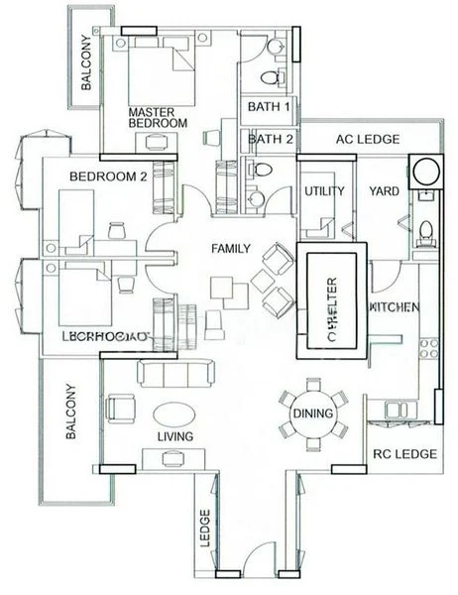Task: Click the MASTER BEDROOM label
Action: click(x=158, y=117)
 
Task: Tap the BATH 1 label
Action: click(x=269, y=106)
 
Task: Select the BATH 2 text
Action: click(x=270, y=140)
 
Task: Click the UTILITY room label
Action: click(x=323, y=191)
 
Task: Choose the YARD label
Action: click(x=384, y=190)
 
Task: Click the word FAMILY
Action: click(x=229, y=249)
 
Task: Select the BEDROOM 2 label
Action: click(x=108, y=177)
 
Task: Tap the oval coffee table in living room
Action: click(x=174, y=414)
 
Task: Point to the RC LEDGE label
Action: click(x=403, y=454)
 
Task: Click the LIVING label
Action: click(x=174, y=436)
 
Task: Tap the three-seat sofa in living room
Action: click(x=174, y=373)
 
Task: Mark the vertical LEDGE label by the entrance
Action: click(x=204, y=523)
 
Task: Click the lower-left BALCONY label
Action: click(x=70, y=413)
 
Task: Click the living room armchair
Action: click(x=121, y=407)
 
